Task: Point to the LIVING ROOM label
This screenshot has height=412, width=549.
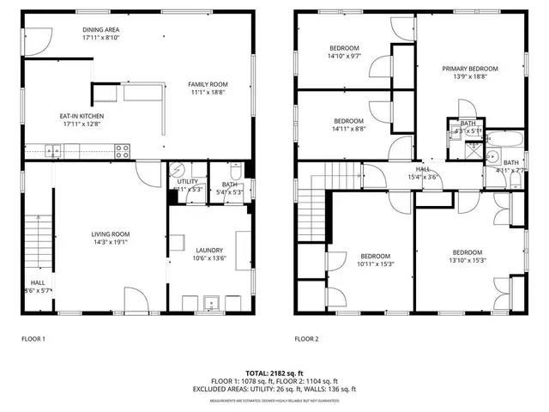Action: (111, 233)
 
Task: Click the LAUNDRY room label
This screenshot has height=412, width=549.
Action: (209, 250)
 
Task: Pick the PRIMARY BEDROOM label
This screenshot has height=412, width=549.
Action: (469, 69)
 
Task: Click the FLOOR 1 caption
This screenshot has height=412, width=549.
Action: (33, 339)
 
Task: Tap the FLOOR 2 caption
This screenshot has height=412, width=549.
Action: (306, 339)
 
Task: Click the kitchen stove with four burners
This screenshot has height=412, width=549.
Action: (123, 151)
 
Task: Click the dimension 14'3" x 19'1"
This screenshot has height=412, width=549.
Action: (111, 242)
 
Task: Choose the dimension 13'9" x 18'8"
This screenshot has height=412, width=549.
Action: (469, 77)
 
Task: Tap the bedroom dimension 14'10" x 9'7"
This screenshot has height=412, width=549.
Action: (345, 56)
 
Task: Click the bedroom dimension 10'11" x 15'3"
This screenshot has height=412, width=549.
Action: (376, 264)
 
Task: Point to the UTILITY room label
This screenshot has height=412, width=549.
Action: (188, 181)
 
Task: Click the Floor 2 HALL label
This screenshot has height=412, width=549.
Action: (423, 169)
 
